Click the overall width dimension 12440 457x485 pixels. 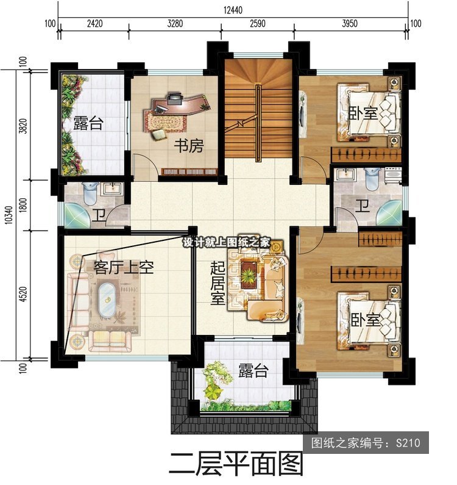point(233,10)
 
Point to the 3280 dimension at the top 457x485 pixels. point(175,24)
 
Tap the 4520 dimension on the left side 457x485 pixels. point(23,294)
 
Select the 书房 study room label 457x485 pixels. point(189,146)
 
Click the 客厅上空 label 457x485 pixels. point(124,267)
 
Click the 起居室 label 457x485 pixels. point(218,283)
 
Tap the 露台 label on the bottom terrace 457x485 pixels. point(253,370)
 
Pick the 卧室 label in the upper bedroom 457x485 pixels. point(363,113)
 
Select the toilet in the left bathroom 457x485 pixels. point(90,193)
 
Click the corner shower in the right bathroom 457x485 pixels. point(390,213)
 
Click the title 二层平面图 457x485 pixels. point(236,465)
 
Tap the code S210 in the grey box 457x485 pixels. point(408,444)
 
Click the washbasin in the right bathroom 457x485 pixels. point(346,174)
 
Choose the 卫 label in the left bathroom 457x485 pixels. point(99,215)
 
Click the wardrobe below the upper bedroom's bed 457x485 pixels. point(366,156)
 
